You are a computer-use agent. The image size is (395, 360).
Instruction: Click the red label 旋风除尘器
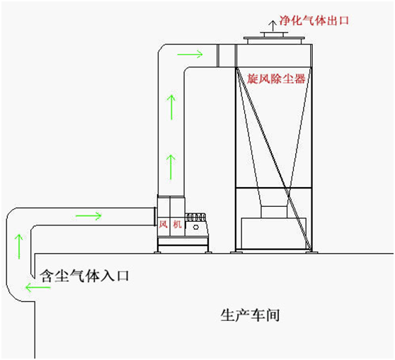tap(276, 79)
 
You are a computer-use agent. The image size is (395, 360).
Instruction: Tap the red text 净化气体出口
tap(314, 20)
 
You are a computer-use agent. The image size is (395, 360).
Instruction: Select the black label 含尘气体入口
tap(85, 275)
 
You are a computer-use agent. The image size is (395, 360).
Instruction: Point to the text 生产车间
tap(250, 315)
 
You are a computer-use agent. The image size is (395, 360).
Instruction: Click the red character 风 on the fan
tap(163, 224)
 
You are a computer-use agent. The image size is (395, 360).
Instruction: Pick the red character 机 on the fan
tap(178, 224)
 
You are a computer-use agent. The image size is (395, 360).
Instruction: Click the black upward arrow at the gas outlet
tap(273, 26)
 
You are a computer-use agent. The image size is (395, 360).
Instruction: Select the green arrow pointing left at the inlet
tap(38, 287)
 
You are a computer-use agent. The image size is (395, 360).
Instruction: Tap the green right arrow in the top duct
tap(190, 54)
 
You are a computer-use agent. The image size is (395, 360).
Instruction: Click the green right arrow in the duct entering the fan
tap(88, 215)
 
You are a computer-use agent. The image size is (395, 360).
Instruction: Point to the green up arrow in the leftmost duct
tap(19, 247)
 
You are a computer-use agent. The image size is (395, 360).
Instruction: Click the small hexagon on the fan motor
tap(196, 227)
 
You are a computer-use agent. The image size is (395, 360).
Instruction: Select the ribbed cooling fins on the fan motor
tap(195, 218)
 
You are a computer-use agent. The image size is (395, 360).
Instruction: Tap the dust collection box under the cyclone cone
tap(274, 233)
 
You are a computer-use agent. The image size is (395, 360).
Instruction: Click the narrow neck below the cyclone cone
tap(274, 212)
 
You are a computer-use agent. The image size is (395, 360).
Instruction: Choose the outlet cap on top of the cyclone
tap(274, 38)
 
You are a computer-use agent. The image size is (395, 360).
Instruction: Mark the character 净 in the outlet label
tap(285, 20)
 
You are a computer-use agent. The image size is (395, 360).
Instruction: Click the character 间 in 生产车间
tap(273, 315)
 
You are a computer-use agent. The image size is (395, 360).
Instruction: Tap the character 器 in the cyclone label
tap(300, 79)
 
